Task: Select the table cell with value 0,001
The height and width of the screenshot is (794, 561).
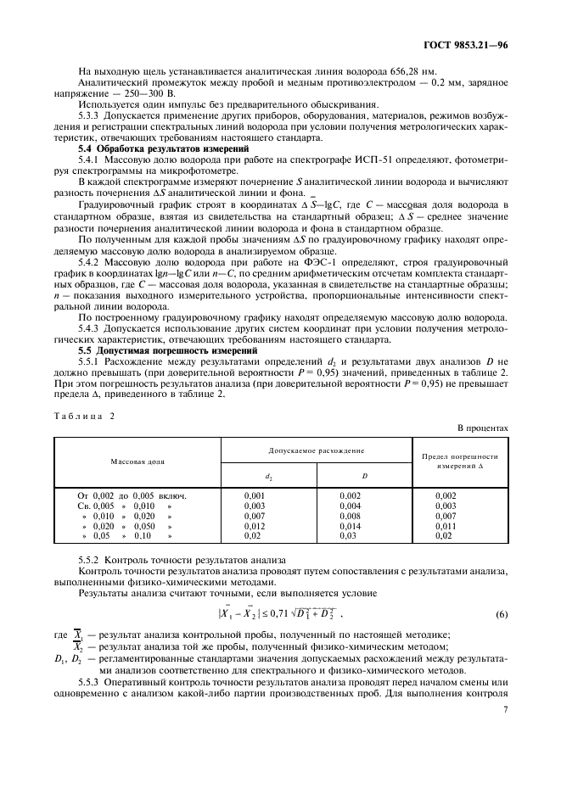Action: pos(255,495)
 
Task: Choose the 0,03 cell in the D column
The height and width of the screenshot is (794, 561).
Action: pos(348,536)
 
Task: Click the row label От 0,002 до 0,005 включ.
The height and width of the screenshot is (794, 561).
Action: pos(132,495)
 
